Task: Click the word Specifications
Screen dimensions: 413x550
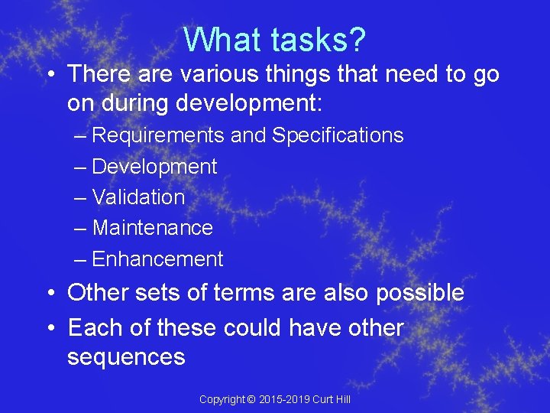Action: click(338, 135)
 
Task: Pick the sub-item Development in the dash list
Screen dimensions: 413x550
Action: click(154, 167)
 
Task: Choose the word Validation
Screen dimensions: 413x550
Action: click(138, 197)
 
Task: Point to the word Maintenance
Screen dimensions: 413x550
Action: click(152, 228)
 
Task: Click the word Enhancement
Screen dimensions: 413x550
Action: click(157, 259)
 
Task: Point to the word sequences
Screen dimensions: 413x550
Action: click(126, 357)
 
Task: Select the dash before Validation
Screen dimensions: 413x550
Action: click(81, 198)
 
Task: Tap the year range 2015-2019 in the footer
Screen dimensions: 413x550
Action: click(284, 400)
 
